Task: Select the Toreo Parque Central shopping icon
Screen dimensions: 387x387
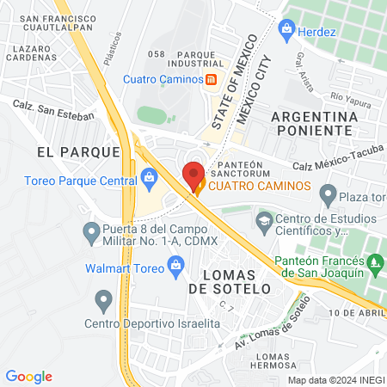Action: pyautogui.click(x=149, y=180)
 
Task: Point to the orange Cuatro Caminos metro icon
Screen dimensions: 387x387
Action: pyautogui.click(x=210, y=80)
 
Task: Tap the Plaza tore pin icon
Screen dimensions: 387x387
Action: pyautogui.click(x=327, y=195)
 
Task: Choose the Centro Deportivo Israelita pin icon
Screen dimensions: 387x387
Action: pyautogui.click(x=104, y=301)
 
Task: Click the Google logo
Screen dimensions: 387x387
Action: pyautogui.click(x=29, y=376)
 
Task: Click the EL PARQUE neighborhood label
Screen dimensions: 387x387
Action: pyautogui.click(x=78, y=151)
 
